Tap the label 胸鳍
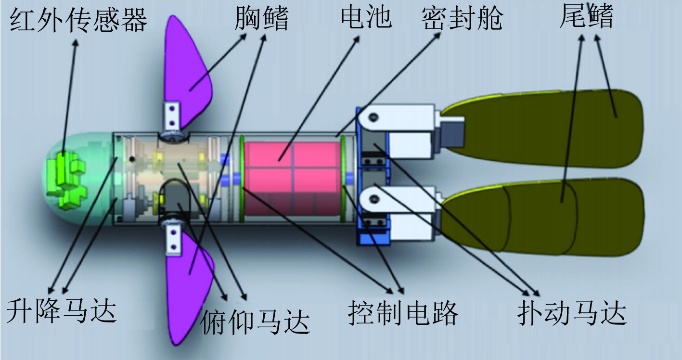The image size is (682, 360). tap(262, 19)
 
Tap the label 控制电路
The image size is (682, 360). tap(403, 313)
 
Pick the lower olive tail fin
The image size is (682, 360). tap(553, 217)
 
